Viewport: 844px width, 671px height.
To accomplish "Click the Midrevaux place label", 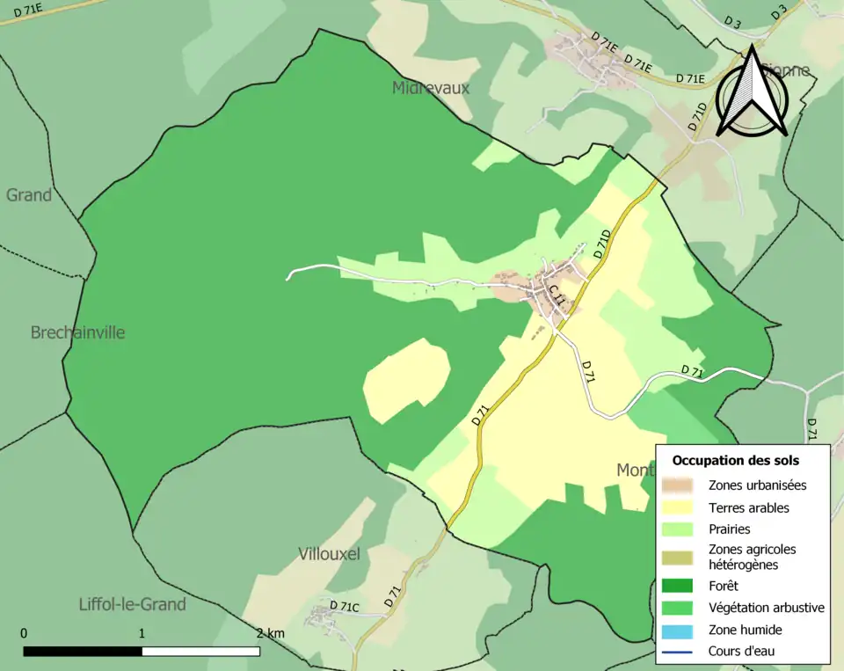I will click(431, 88).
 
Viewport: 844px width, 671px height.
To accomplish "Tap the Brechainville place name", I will click(77, 332).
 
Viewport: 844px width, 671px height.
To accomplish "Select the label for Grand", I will click(29, 195).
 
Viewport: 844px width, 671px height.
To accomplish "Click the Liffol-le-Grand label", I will click(132, 604).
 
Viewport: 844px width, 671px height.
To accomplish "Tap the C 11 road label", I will click(557, 296).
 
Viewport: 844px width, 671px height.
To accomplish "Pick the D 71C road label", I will click(345, 607).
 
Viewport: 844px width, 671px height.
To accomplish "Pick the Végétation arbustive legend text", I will click(766, 607).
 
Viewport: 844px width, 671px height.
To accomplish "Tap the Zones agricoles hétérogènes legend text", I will click(752, 557).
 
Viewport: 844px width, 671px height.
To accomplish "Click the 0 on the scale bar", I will click(24, 633).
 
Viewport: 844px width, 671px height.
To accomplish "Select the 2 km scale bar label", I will click(271, 633).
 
